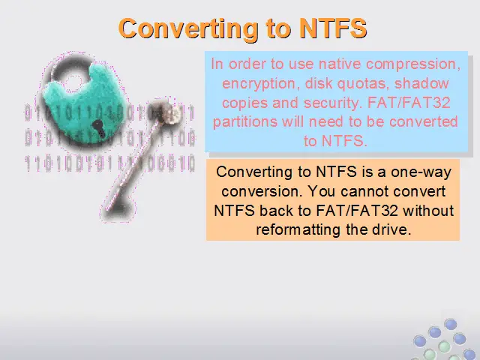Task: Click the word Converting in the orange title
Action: click(x=188, y=28)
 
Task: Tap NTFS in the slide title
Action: click(x=333, y=28)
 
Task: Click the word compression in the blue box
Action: click(x=413, y=64)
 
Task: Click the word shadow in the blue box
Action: click(x=421, y=83)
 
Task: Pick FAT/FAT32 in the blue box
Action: click(x=409, y=103)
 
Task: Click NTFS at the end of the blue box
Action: click(x=343, y=141)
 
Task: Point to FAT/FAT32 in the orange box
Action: click(x=357, y=211)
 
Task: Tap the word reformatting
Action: click(x=298, y=230)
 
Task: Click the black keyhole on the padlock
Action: click(x=99, y=127)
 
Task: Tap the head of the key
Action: click(x=163, y=111)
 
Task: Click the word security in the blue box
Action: click(x=332, y=103)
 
